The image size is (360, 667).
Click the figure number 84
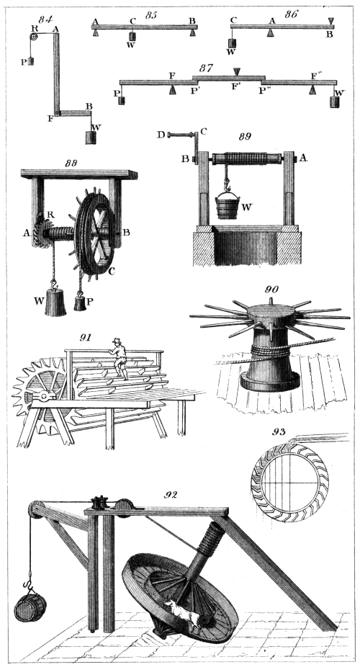click(x=45, y=19)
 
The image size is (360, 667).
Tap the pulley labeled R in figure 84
click(x=33, y=37)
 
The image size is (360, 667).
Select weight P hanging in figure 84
click(x=31, y=61)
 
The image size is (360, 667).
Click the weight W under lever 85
click(x=132, y=36)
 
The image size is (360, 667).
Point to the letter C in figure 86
click(x=233, y=19)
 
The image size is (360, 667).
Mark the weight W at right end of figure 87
click(x=335, y=102)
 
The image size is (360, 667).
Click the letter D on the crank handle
click(x=160, y=135)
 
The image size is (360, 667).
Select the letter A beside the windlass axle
click(x=302, y=158)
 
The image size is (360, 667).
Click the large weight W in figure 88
click(x=55, y=302)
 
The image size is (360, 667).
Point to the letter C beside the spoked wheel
click(x=112, y=271)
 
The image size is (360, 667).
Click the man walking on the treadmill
click(x=119, y=359)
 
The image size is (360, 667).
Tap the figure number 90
click(x=271, y=290)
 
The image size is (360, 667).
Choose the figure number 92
click(x=171, y=495)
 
